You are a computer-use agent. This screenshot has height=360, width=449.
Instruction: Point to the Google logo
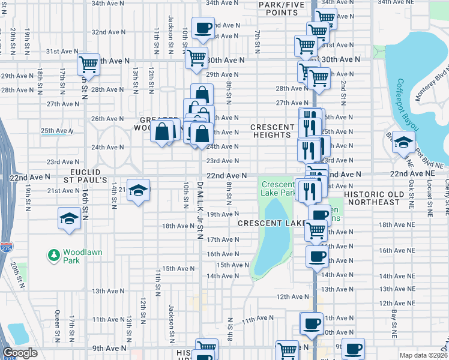pos(20,353)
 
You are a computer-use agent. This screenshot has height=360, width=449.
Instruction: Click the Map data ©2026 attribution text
pos(423,355)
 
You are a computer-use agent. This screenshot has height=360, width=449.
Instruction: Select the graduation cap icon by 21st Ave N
pos(139,191)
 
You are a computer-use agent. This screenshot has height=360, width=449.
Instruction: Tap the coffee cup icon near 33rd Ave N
pos(203,27)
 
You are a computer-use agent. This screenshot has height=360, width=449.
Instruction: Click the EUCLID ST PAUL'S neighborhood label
pos(85,175)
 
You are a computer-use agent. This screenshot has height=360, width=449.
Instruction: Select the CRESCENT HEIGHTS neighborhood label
pos(271,131)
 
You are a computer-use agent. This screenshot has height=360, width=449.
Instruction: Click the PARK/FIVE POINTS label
pos(279,8)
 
